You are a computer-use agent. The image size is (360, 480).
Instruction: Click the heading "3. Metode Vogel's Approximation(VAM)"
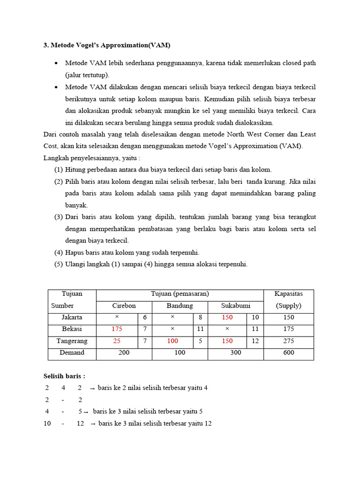pyautogui.click(x=107, y=45)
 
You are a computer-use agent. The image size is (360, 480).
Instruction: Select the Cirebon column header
pyautogui.click(x=124, y=306)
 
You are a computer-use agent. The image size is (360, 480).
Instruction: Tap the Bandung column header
pyautogui.click(x=180, y=306)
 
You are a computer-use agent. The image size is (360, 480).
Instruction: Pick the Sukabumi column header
pyautogui.click(x=235, y=306)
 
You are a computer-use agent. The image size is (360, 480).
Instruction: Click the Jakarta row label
pyautogui.click(x=72, y=317)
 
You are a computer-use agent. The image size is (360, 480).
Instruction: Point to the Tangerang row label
pyautogui.click(x=72, y=341)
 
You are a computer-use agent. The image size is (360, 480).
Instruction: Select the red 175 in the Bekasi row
pyautogui.click(x=117, y=329)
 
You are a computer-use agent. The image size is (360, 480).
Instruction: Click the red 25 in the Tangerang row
pyautogui.click(x=117, y=341)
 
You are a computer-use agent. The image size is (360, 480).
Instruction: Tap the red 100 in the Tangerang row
pyautogui.click(x=172, y=341)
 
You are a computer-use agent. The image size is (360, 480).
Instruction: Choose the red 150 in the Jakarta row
pyautogui.click(x=227, y=317)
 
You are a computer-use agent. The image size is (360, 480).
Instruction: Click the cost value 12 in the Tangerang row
pyautogui.click(x=255, y=341)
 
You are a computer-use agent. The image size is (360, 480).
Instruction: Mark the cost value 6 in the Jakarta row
pyautogui.click(x=145, y=317)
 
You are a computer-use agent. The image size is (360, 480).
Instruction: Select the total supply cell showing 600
pyautogui.click(x=288, y=352)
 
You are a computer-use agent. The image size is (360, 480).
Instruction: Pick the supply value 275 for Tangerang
pyautogui.click(x=288, y=341)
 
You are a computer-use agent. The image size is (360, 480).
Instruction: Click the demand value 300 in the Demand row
pyautogui.click(x=235, y=352)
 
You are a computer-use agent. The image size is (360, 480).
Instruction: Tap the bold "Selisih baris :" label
pyautogui.click(x=64, y=376)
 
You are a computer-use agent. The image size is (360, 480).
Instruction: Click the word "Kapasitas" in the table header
pyautogui.click(x=289, y=294)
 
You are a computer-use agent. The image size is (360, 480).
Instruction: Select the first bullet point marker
pyautogui.click(x=56, y=63)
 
